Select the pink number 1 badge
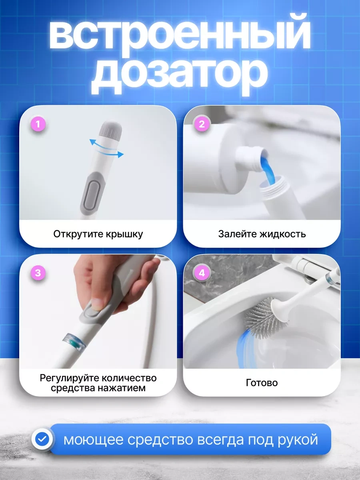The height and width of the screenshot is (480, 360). [38, 124]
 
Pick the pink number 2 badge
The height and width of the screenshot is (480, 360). [202, 124]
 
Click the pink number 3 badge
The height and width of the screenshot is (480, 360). [38, 273]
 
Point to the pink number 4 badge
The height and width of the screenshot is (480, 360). [202, 273]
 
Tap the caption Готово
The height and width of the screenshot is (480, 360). [262, 383]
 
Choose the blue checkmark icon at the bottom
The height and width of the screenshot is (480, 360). [42, 439]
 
